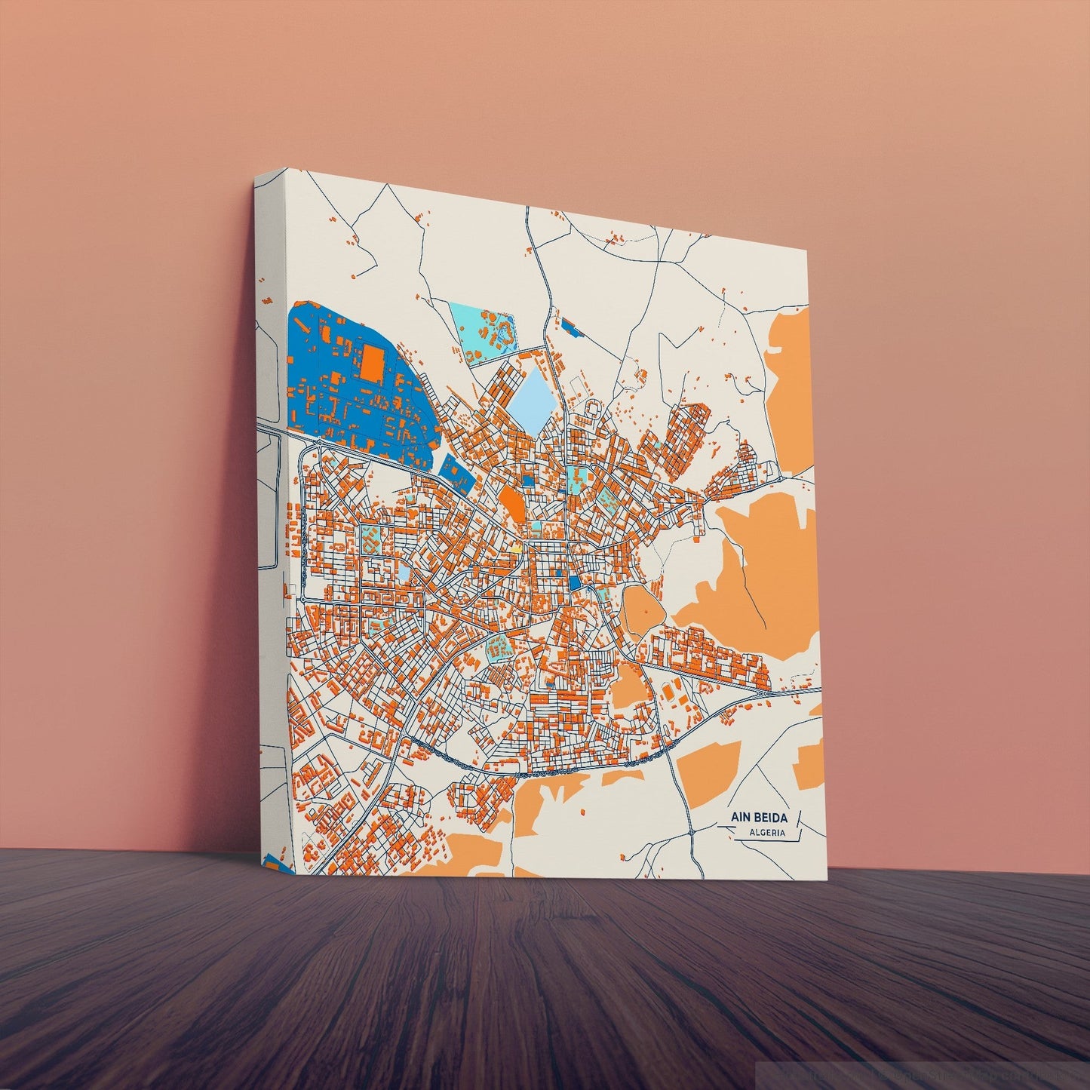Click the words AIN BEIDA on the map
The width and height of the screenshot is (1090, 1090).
pos(757,817)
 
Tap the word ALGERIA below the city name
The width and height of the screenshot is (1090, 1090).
pos(766,834)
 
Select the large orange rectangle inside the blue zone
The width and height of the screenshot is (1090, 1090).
pos(373,362)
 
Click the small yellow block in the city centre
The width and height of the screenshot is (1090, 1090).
pos(517,548)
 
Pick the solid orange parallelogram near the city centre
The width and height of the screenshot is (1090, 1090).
pos(511,501)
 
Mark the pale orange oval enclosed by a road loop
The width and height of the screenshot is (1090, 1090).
pos(641,608)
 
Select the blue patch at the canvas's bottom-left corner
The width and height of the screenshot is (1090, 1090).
pos(273,862)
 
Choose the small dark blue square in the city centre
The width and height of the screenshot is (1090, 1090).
pos(575,582)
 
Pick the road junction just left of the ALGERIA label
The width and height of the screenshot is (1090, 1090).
pos(691,832)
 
